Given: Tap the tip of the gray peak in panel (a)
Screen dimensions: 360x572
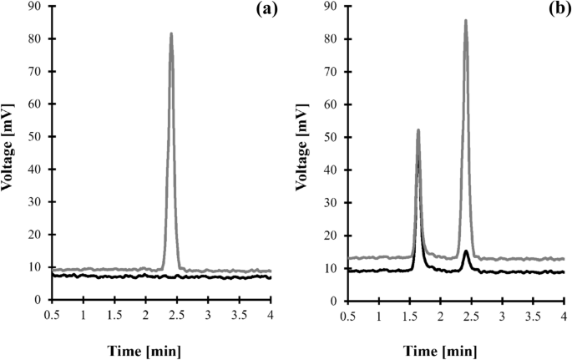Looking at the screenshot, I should point(171,34).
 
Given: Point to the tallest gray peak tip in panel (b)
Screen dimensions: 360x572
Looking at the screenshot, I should point(465,21).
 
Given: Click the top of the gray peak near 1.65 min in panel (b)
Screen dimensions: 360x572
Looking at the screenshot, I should point(418,130).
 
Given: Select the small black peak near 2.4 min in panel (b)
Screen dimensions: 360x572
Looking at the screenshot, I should point(466,251).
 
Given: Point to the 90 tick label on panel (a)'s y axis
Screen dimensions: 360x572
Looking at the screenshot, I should point(37,7).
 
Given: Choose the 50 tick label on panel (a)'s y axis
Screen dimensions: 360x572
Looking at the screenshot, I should point(37,137).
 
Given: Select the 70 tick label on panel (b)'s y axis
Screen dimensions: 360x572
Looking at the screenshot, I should point(332,72).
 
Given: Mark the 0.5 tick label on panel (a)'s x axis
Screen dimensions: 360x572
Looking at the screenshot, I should point(53,313).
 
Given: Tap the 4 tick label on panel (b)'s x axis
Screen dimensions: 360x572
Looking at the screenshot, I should point(564,313).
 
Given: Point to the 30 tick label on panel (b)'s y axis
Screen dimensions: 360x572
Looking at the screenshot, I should point(332,202).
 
